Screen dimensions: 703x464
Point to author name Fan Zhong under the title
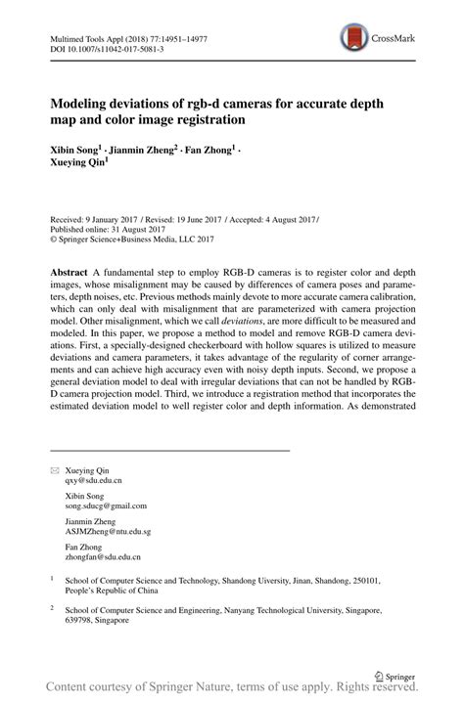pos(211,153)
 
